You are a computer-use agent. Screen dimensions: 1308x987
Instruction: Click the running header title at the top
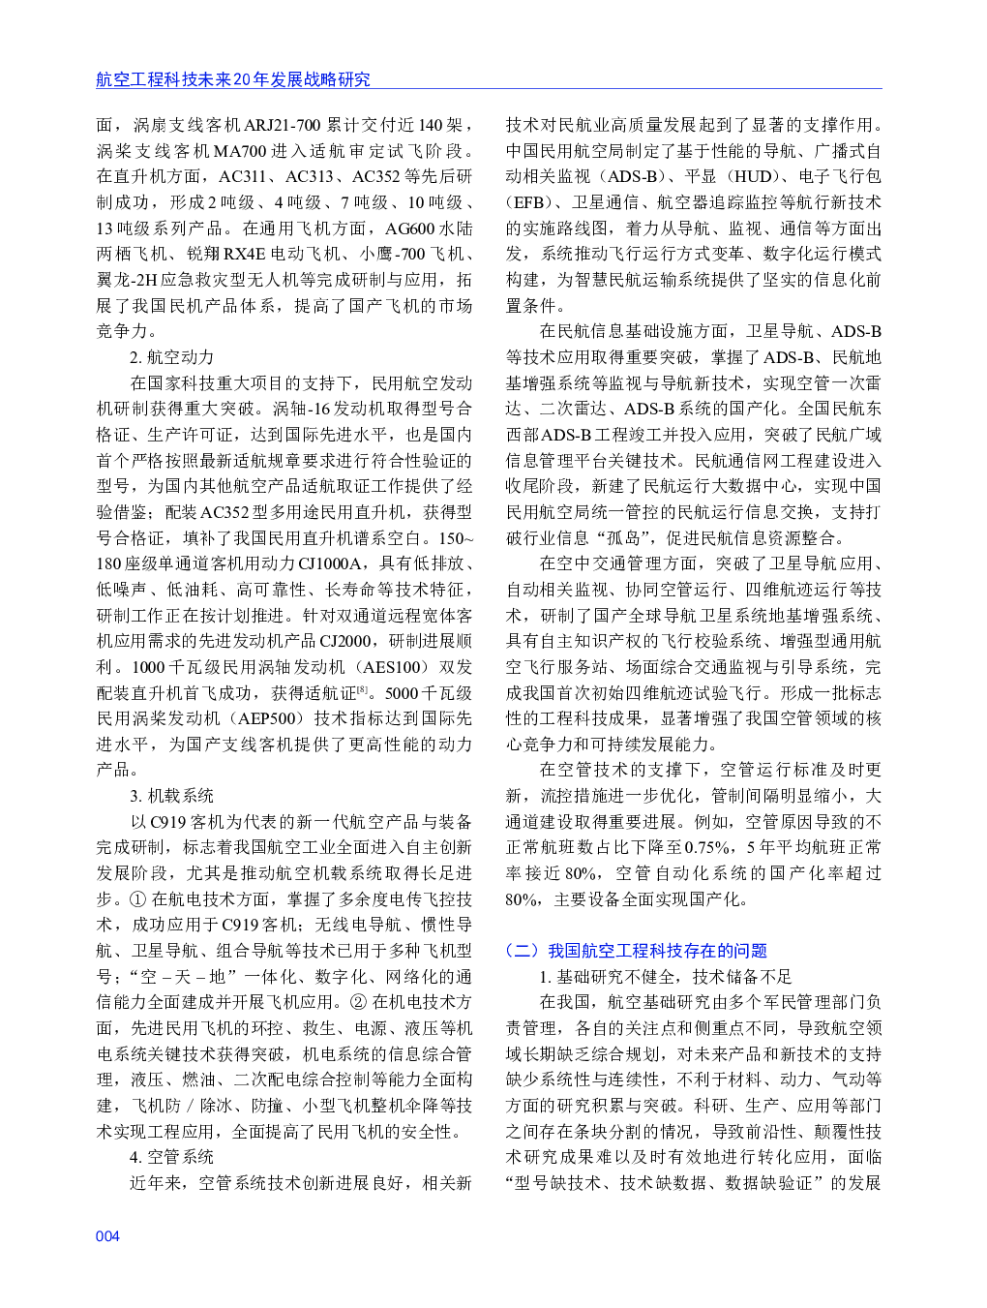(232, 79)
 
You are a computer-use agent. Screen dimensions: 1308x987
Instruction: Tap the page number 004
(107, 1236)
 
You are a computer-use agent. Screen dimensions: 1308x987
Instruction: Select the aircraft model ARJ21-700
(282, 125)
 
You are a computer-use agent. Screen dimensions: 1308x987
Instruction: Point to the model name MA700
(240, 151)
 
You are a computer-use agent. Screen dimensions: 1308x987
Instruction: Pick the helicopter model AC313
(309, 176)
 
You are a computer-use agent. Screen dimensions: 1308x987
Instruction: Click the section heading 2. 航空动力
(171, 357)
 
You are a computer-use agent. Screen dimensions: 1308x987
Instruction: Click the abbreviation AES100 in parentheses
(393, 667)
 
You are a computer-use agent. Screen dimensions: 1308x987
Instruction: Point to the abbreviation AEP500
(267, 718)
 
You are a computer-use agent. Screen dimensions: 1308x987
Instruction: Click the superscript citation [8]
(362, 689)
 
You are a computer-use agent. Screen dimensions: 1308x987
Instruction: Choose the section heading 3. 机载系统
(171, 796)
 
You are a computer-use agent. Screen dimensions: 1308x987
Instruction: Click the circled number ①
(137, 899)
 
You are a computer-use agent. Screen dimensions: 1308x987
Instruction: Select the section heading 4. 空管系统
(171, 1157)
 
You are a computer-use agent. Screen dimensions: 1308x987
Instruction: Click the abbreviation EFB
(527, 202)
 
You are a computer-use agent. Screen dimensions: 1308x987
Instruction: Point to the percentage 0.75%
(706, 847)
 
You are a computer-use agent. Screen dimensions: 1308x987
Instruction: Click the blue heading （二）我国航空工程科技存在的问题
(636, 951)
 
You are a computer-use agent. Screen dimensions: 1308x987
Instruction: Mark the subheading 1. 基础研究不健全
(665, 977)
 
